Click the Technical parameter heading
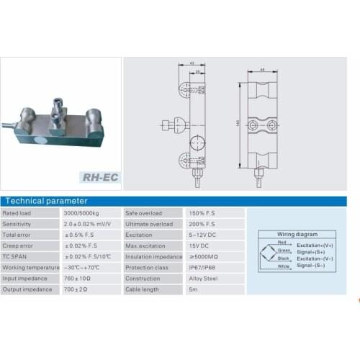click(47, 201)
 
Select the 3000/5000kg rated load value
click(82, 215)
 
